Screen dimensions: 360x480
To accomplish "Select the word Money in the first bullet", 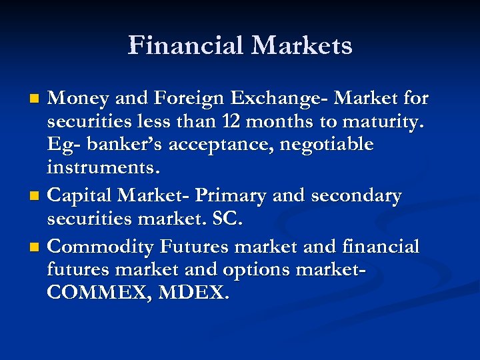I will pos(77,99).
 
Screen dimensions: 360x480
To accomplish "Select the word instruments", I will pos(104,167).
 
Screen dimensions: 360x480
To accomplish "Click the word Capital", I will pos(81,196).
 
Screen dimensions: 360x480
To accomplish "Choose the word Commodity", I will pos(103,247).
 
